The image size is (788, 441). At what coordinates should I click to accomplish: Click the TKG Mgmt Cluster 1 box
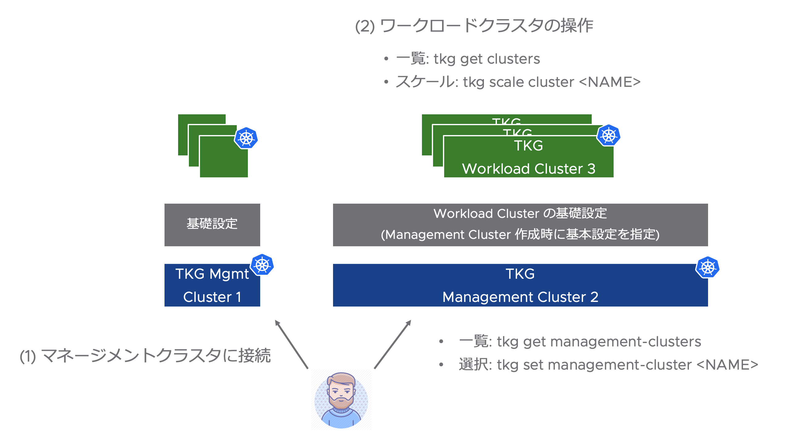pyautogui.click(x=212, y=285)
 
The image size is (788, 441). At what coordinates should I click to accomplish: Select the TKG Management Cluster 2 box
pyautogui.click(x=520, y=285)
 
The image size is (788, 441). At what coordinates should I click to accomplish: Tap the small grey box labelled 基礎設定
pyautogui.click(x=212, y=224)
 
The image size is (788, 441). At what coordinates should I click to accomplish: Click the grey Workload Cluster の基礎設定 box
pyautogui.click(x=520, y=224)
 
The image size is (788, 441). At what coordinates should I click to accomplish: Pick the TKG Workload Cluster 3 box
pyautogui.click(x=528, y=157)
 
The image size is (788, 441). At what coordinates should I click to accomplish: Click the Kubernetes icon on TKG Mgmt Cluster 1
pyautogui.click(x=262, y=265)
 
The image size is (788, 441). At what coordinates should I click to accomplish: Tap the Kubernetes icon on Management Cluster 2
pyautogui.click(x=707, y=267)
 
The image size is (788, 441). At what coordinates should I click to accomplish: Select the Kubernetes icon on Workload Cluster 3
pyautogui.click(x=608, y=135)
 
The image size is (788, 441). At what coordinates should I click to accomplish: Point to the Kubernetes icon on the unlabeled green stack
pyautogui.click(x=246, y=138)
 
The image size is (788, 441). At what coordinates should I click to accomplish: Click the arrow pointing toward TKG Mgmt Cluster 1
pyautogui.click(x=291, y=344)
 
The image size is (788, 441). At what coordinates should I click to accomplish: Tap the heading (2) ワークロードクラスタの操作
pyautogui.click(x=474, y=26)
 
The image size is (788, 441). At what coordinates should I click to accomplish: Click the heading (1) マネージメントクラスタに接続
pyautogui.click(x=145, y=355)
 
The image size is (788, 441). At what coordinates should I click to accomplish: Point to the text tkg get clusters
pyautogui.click(x=487, y=59)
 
